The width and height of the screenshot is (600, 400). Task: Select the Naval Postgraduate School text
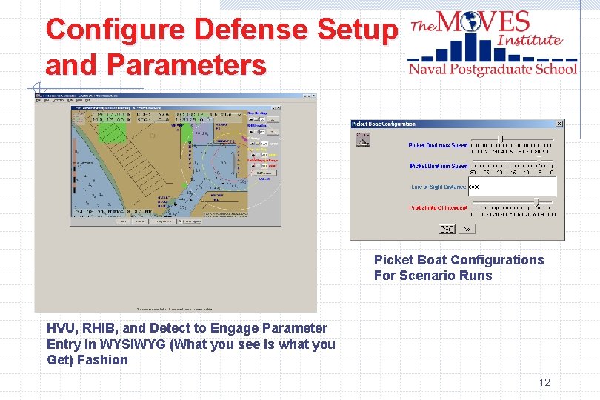492,69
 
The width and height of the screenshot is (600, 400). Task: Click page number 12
544,382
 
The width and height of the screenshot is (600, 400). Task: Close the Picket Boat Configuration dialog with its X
559,124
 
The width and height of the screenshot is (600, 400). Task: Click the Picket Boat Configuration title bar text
384,124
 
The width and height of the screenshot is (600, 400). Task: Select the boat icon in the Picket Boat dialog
363,139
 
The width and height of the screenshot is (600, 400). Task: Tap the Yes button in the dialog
447,230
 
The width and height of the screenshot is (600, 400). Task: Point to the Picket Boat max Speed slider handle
501,139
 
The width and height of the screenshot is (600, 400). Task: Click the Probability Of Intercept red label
438,208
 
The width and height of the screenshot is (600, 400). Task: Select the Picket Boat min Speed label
438,166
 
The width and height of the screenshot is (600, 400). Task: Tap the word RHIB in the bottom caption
96,328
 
